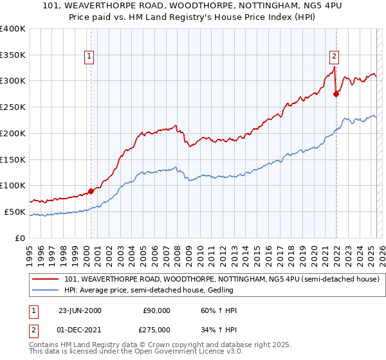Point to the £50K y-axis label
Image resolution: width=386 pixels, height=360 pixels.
[x=14, y=212]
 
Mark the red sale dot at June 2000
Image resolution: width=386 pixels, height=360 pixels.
[x=91, y=190]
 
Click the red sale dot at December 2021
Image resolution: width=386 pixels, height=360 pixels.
[x=336, y=94]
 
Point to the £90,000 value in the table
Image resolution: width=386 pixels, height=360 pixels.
[x=156, y=310]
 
